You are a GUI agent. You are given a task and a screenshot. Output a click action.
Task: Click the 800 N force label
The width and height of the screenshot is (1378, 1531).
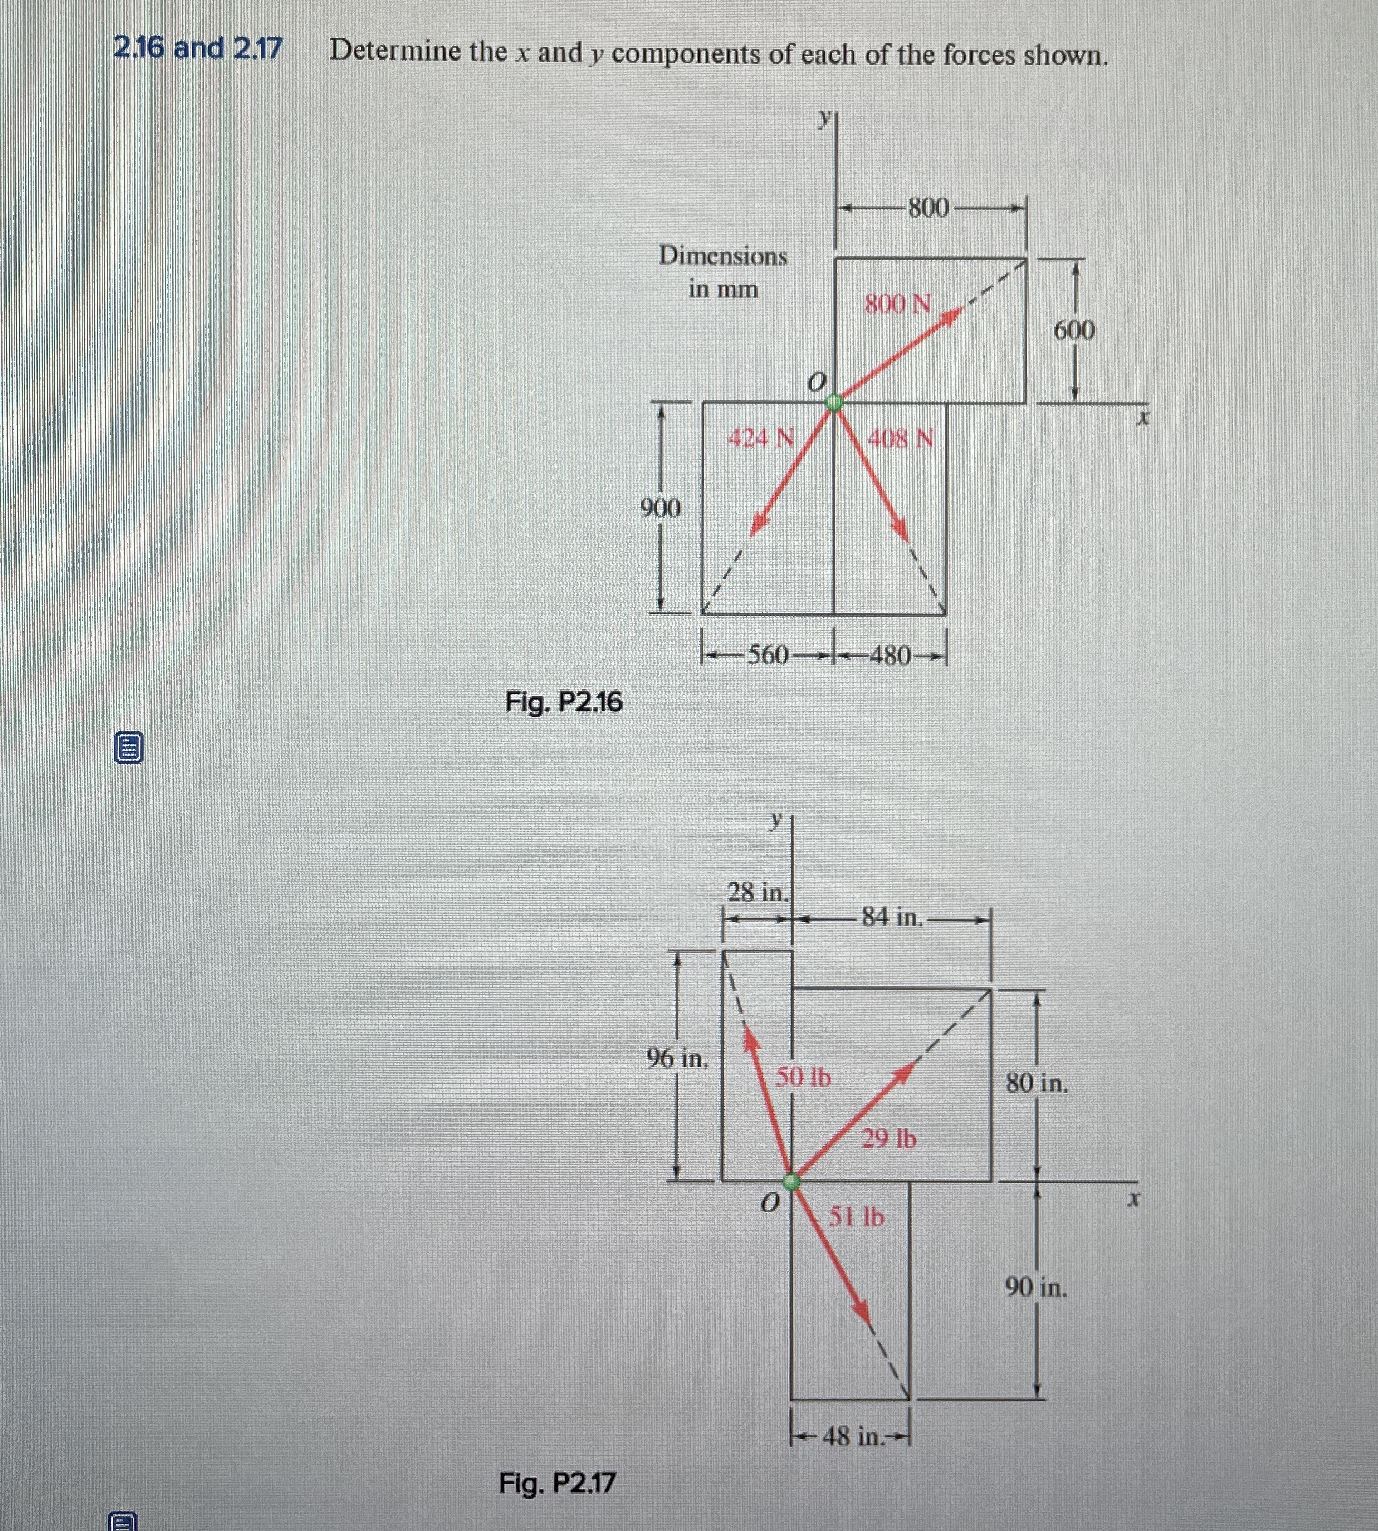[x=898, y=305]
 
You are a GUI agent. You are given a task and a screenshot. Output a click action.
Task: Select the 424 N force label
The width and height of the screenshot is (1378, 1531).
[x=760, y=438]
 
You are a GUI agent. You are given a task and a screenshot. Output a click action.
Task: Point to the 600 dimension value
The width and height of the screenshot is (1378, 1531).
[x=1074, y=330]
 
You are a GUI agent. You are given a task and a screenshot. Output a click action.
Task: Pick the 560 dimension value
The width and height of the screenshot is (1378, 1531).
[x=768, y=655]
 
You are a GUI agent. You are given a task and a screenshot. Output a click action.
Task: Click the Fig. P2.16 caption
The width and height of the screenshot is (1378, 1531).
[x=564, y=703]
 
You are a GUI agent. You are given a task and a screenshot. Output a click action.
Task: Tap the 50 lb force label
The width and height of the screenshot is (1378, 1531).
[x=803, y=1077]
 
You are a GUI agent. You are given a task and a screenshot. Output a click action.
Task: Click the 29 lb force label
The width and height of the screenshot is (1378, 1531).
[x=889, y=1138]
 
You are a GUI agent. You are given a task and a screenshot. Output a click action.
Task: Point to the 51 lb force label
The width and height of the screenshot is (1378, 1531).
[x=856, y=1217]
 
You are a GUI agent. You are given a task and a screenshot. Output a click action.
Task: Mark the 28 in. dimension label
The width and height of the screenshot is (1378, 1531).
[x=758, y=892]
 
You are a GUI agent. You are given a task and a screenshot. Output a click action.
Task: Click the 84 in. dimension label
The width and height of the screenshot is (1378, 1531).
[x=893, y=918]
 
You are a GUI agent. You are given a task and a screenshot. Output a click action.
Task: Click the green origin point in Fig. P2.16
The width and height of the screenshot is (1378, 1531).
[x=834, y=402]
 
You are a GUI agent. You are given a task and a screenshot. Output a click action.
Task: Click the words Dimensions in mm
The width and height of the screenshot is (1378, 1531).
[x=723, y=272]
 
